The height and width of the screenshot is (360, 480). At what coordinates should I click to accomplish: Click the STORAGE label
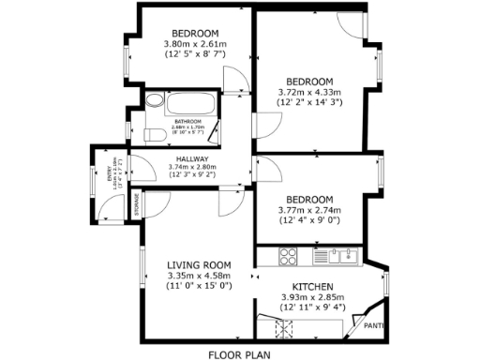137,204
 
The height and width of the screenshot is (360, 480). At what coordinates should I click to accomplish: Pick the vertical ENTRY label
109,172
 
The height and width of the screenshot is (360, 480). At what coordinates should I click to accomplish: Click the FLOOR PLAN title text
240,355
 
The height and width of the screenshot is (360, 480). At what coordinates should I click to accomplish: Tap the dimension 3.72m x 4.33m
310,92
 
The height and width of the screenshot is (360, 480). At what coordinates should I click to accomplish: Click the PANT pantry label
374,325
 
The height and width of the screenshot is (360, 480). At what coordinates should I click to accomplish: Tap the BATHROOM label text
189,120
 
